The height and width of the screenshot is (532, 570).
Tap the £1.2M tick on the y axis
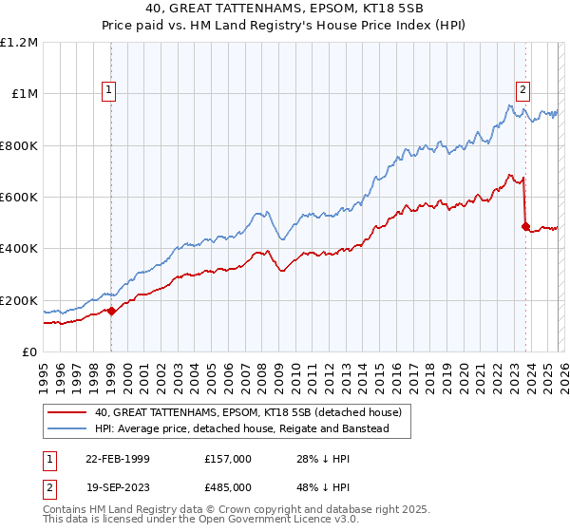(x=20, y=43)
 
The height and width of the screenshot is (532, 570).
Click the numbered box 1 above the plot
(x=110, y=90)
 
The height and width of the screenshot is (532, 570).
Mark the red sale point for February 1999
(x=111, y=311)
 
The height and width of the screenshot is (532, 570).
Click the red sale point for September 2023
(x=524, y=226)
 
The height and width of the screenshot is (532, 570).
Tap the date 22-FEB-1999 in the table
(x=117, y=459)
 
